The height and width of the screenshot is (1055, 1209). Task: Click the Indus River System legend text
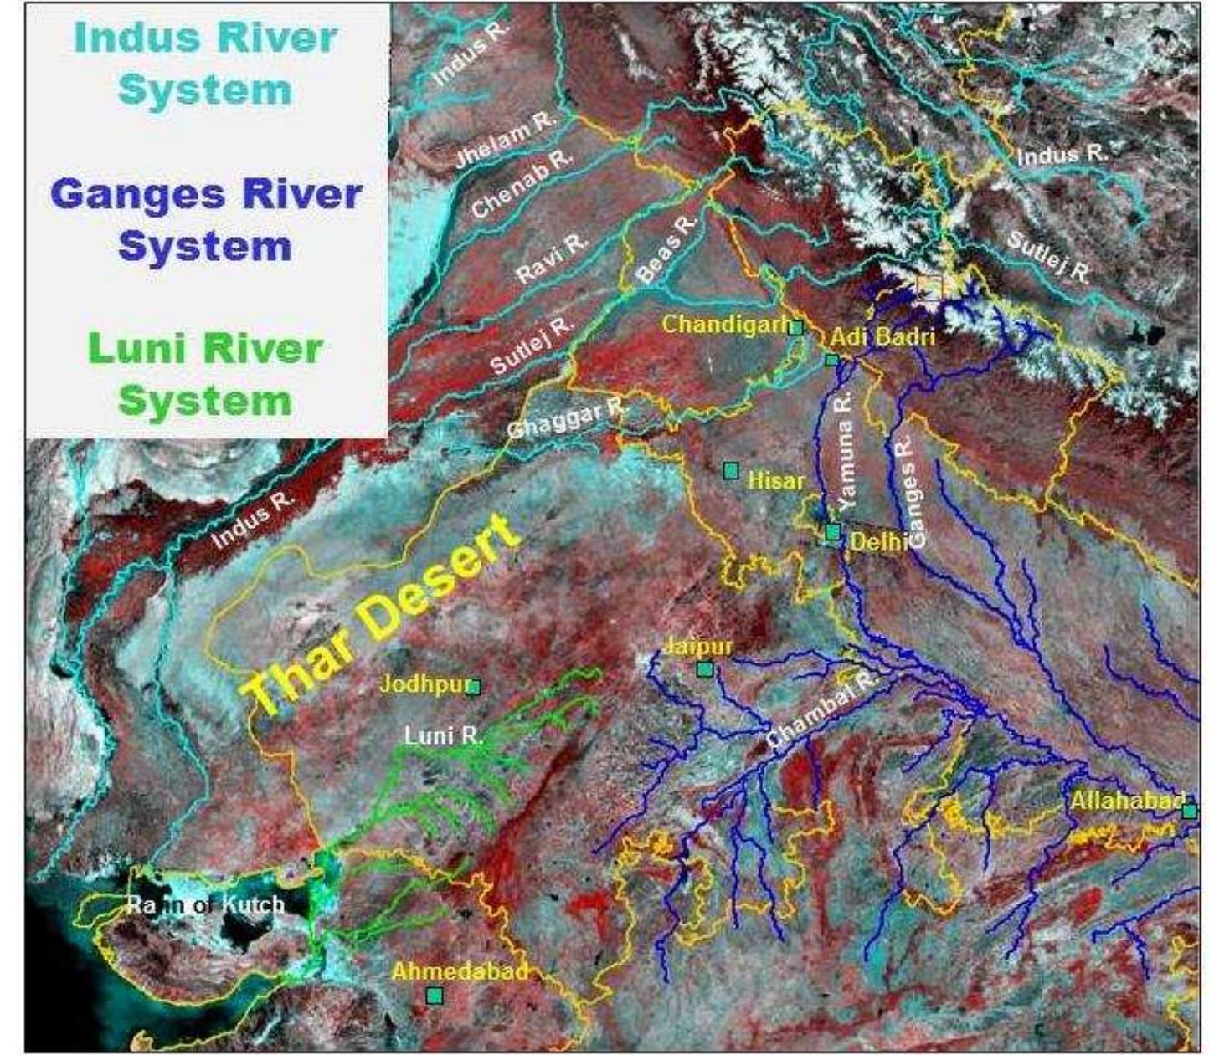[205, 64]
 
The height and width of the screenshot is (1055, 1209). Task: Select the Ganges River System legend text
[205, 220]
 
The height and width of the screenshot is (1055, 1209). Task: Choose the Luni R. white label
[444, 736]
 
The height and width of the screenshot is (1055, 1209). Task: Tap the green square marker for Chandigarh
[796, 327]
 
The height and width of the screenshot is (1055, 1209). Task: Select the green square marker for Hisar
[731, 471]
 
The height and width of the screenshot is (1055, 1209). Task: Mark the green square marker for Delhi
[832, 532]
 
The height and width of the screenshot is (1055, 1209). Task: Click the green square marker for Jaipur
[704, 669]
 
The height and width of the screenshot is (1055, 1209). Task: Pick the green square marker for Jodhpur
[474, 687]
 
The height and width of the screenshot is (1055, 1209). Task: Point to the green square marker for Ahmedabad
[435, 996]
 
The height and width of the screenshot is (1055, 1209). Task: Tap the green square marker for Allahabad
[1189, 811]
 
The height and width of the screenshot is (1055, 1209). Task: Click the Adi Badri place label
[882, 337]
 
